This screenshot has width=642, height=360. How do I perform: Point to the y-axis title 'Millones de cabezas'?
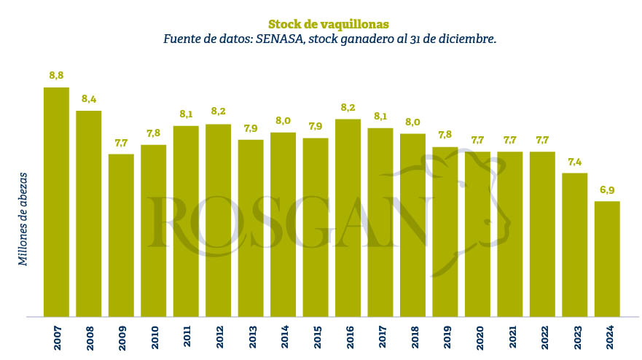point(23,219)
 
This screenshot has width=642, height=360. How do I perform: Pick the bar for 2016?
point(348,218)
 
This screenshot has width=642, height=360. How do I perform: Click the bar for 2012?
point(218,220)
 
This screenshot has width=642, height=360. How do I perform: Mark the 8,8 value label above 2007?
point(56,75)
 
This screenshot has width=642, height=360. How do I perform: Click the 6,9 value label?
point(607,189)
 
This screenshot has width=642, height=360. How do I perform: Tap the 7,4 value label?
point(575,161)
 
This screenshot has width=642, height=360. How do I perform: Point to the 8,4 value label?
point(89,98)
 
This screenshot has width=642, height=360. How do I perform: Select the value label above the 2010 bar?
point(153,133)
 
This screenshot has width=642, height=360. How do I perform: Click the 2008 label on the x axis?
point(89,339)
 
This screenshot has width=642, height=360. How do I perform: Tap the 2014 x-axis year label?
point(283,339)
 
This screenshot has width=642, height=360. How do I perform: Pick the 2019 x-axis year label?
point(445,339)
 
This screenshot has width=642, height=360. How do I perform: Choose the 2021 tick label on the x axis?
point(510,339)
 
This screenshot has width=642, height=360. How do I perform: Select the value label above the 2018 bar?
point(412,122)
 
